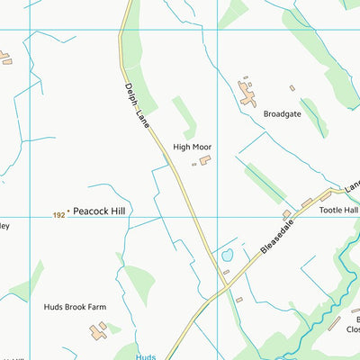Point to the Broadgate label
coord(282,114)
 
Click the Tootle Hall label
coord(338,210)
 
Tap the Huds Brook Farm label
coord(75,307)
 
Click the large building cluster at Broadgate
coord(247,92)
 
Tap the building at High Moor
coord(205,160)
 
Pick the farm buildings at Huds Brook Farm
coord(98,331)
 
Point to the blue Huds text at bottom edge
coord(146,356)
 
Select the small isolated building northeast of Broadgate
coord(292,88)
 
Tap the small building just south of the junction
coord(238,300)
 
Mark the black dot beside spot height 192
coord(69,212)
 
